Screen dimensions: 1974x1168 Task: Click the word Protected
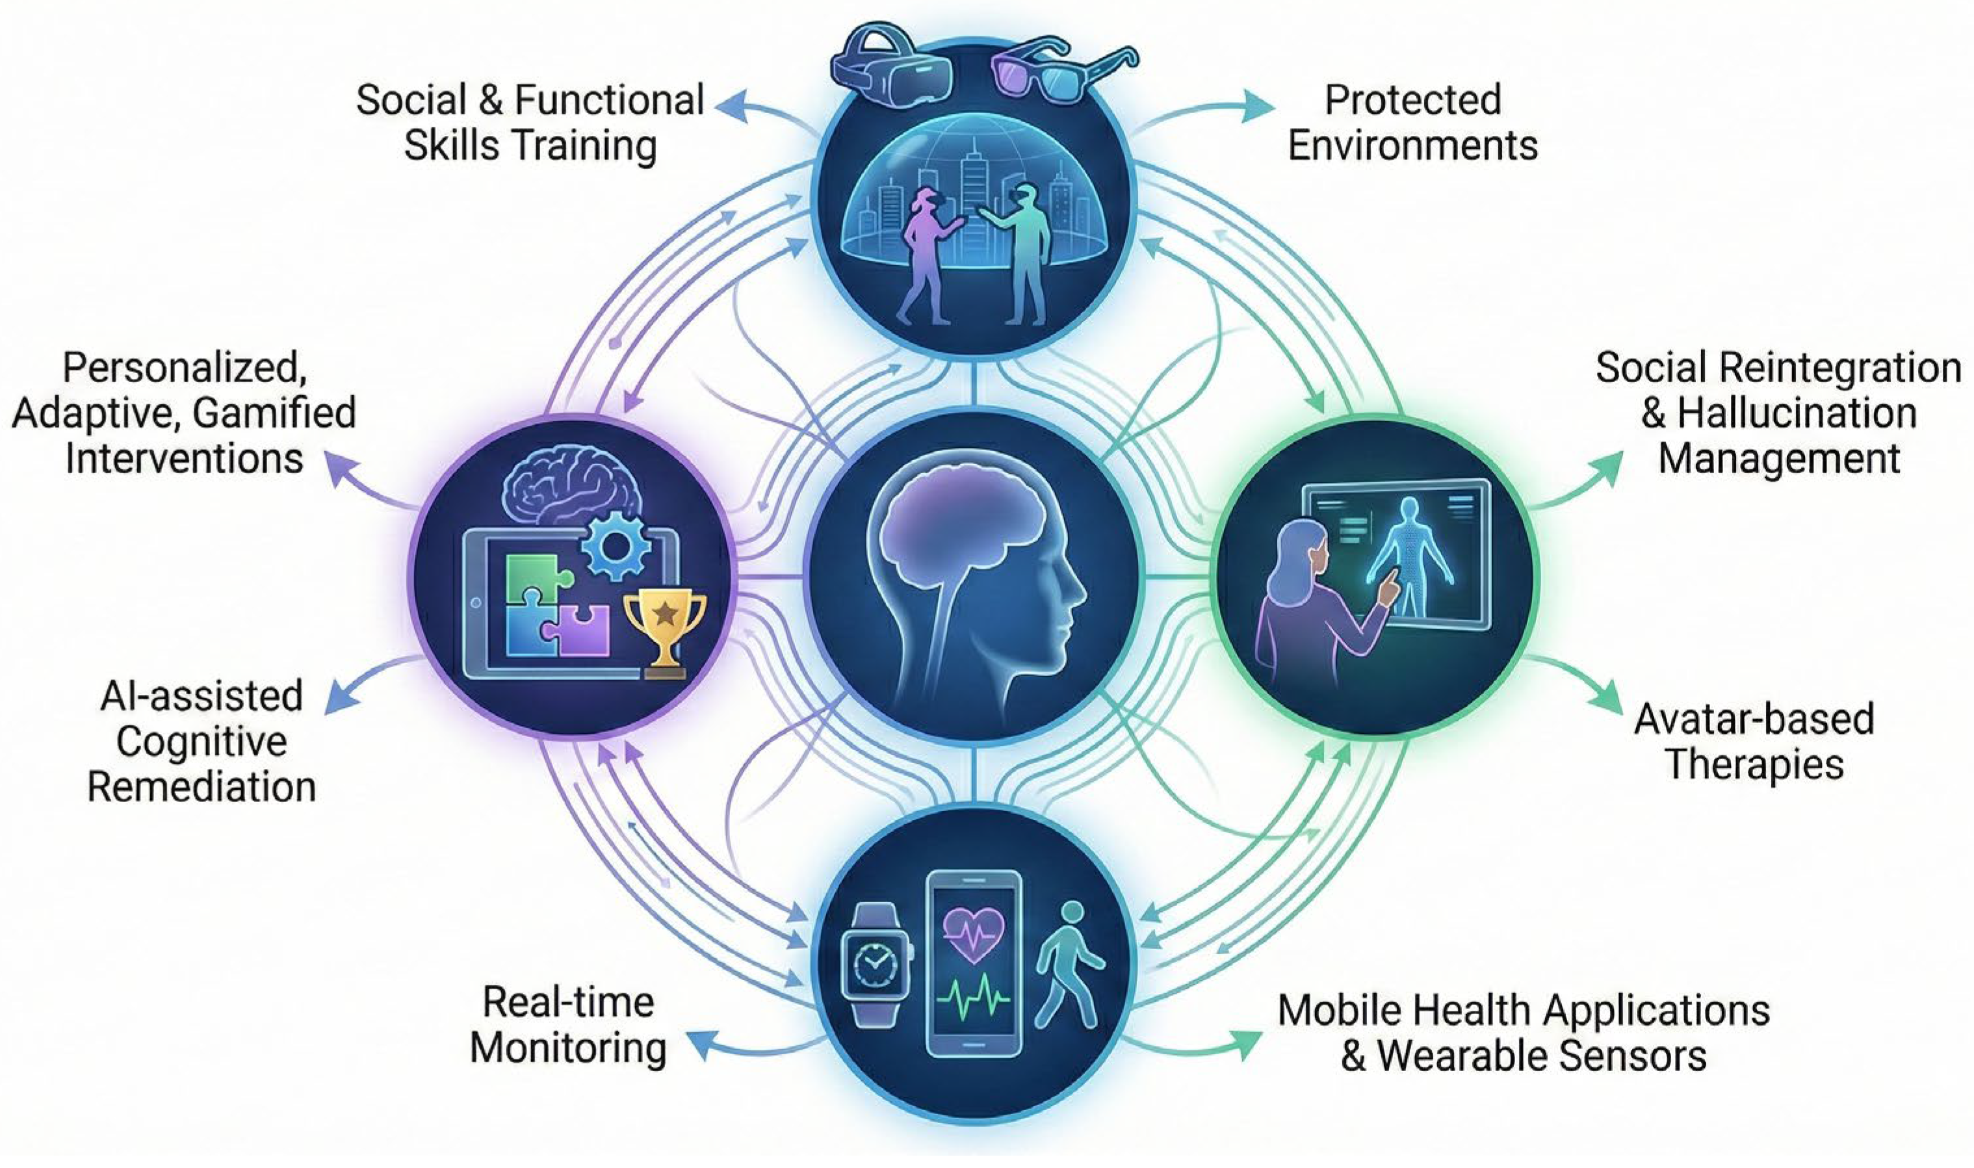click(1413, 101)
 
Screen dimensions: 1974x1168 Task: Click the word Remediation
click(201, 787)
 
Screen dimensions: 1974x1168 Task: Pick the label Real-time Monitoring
click(567, 1026)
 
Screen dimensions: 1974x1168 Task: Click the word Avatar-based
click(1754, 720)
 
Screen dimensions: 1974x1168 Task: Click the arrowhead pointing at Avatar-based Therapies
click(1609, 699)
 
